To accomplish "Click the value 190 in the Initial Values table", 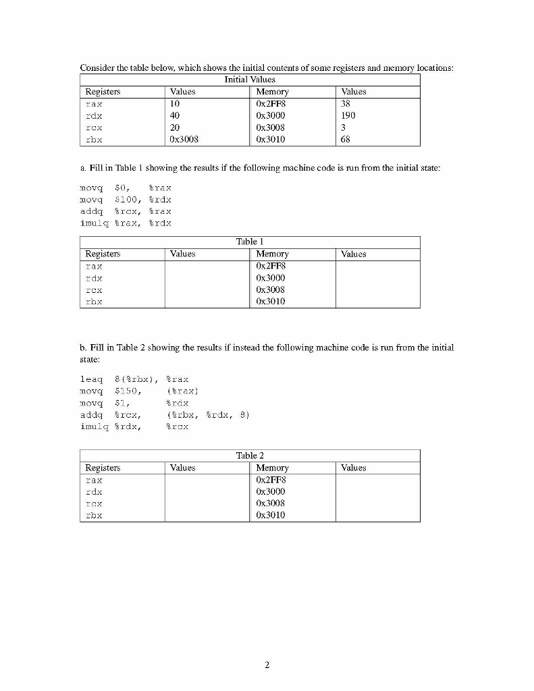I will (348, 115).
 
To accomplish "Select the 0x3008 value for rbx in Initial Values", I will (184, 140).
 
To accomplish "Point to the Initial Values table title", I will (250, 80).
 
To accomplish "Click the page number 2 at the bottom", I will (267, 665).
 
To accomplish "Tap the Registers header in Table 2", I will (103, 467).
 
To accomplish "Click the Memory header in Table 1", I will (273, 254).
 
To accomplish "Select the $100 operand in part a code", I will (128, 200).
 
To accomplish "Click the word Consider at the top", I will (97, 67).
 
